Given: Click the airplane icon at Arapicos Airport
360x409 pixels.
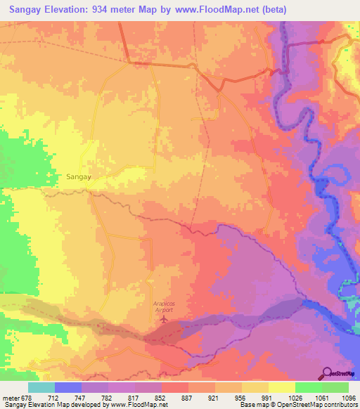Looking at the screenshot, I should [x=164, y=319].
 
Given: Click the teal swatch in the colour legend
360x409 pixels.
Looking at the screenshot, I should [x=41, y=387].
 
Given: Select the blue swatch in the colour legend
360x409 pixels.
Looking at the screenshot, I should [x=67, y=387].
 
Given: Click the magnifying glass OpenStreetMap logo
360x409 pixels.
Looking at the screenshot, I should [x=328, y=373].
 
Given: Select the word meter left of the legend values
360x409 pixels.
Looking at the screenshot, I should [x=10, y=398].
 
